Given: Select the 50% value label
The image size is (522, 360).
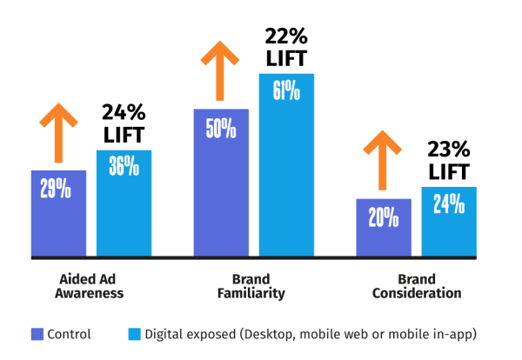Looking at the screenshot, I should coord(221,128).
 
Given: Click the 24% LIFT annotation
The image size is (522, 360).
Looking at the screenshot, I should coord(124,124).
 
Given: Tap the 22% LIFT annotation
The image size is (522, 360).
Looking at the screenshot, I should coord(286,47).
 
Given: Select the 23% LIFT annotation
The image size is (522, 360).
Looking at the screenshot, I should coord(449,160).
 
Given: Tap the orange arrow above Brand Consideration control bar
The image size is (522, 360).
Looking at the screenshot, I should coord(383,161).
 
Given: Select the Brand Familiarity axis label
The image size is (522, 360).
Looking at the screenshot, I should coord(251,286).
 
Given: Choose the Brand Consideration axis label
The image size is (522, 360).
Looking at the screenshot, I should coord(417,286).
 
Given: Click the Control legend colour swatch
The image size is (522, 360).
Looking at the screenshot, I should coord(37,333).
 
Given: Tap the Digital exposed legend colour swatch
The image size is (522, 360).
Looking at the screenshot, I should coord(134,333).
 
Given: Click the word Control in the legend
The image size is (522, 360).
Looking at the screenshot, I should coord(69,333).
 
